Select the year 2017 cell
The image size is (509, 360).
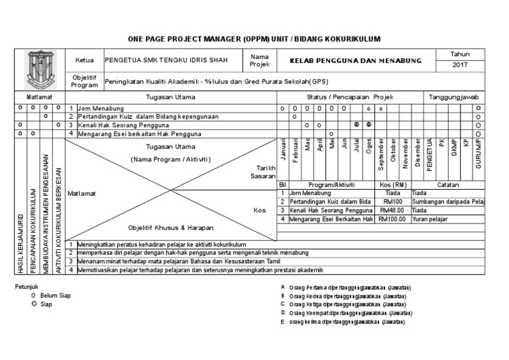(460, 65)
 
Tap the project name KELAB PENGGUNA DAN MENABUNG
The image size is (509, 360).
(356, 60)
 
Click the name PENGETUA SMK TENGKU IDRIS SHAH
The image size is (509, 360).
(166, 60)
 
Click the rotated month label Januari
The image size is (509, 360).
(283, 150)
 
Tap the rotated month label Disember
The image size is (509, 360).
(418, 153)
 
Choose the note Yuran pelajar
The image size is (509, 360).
(429, 219)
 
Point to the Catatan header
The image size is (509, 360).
(449, 184)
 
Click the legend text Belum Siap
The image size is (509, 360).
(55, 295)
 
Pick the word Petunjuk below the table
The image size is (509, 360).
(28, 286)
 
